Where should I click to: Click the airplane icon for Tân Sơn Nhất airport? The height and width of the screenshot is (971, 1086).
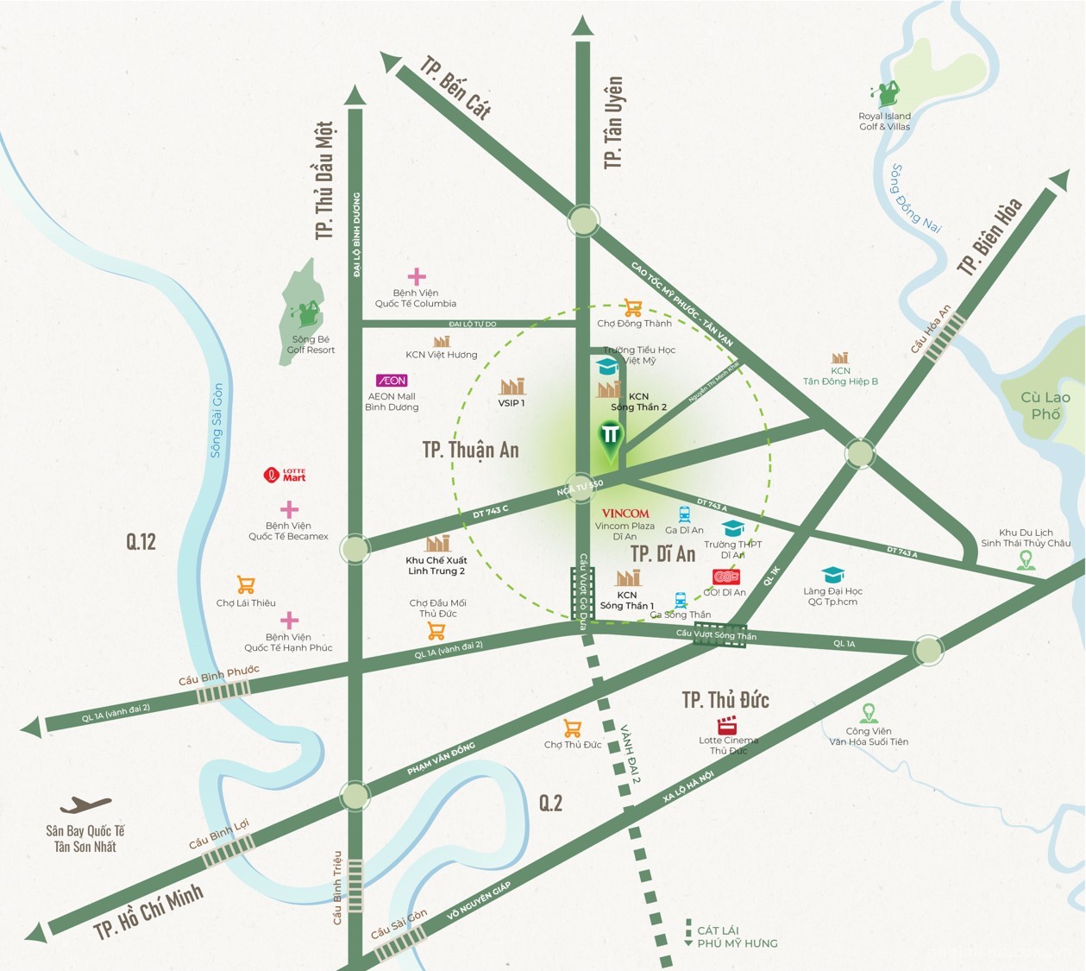click(x=85, y=805)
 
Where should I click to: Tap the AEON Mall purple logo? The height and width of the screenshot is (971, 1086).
click(x=392, y=381)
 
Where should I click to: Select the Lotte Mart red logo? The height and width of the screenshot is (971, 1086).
click(x=285, y=475)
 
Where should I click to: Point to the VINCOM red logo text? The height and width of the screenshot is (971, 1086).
click(x=625, y=514)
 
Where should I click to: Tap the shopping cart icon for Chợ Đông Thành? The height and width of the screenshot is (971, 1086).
click(x=633, y=308)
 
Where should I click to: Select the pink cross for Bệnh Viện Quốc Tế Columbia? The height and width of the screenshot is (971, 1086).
click(x=417, y=276)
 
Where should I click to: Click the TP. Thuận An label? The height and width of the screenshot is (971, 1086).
click(x=470, y=450)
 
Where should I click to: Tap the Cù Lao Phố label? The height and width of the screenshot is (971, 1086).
click(x=1045, y=406)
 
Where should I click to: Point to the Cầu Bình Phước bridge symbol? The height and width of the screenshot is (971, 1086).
click(x=223, y=691)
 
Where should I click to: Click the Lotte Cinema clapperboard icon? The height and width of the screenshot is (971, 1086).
click(x=728, y=725)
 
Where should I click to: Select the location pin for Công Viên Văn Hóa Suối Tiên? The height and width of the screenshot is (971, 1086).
click(x=869, y=714)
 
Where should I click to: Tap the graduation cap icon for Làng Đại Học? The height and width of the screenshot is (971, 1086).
click(x=833, y=575)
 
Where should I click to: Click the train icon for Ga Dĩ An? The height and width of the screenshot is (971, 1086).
click(x=685, y=514)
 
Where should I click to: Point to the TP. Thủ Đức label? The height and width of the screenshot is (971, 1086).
click(x=725, y=700)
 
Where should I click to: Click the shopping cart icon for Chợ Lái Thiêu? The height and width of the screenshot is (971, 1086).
click(x=246, y=585)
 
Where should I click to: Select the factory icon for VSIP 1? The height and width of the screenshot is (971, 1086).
click(x=512, y=386)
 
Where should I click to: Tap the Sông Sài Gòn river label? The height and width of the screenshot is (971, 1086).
click(x=217, y=420)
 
